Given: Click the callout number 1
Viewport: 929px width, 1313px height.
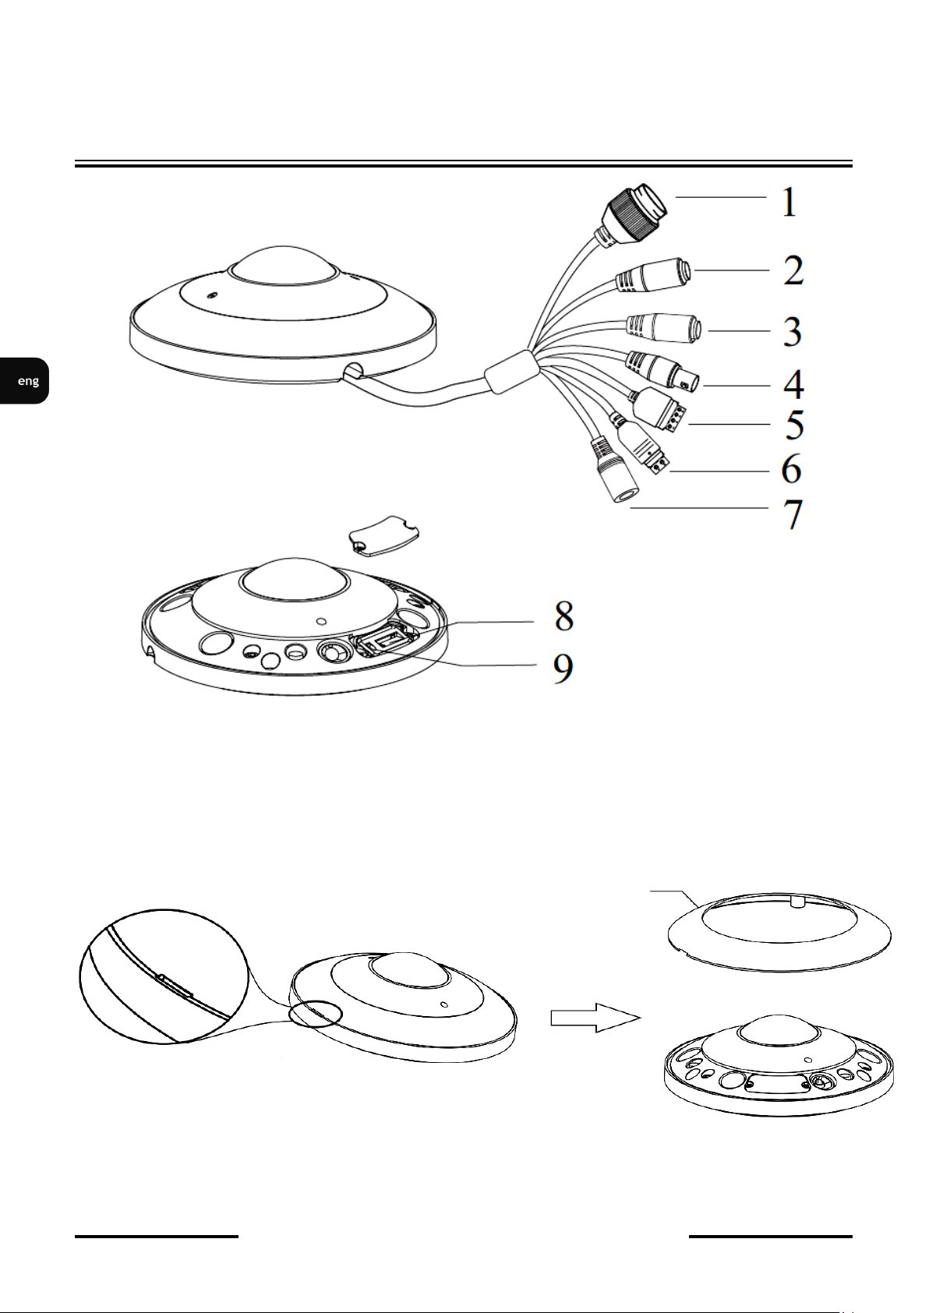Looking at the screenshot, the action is [790, 203].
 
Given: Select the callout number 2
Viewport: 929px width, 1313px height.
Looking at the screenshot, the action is [794, 270].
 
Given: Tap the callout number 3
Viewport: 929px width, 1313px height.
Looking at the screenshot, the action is [793, 331].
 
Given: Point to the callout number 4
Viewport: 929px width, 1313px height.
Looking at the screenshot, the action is [794, 384].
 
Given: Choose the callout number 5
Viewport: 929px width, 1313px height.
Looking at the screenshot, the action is [795, 425].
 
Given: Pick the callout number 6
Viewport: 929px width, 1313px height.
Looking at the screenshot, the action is [792, 469].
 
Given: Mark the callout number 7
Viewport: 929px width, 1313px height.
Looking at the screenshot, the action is [794, 514].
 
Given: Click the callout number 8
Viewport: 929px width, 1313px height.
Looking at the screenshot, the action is [563, 616].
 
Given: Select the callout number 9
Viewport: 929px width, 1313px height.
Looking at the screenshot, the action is [563, 669].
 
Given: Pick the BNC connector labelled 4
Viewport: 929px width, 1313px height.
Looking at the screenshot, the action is [663, 371].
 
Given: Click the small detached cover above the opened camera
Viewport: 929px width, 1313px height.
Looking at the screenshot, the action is [384, 534].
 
